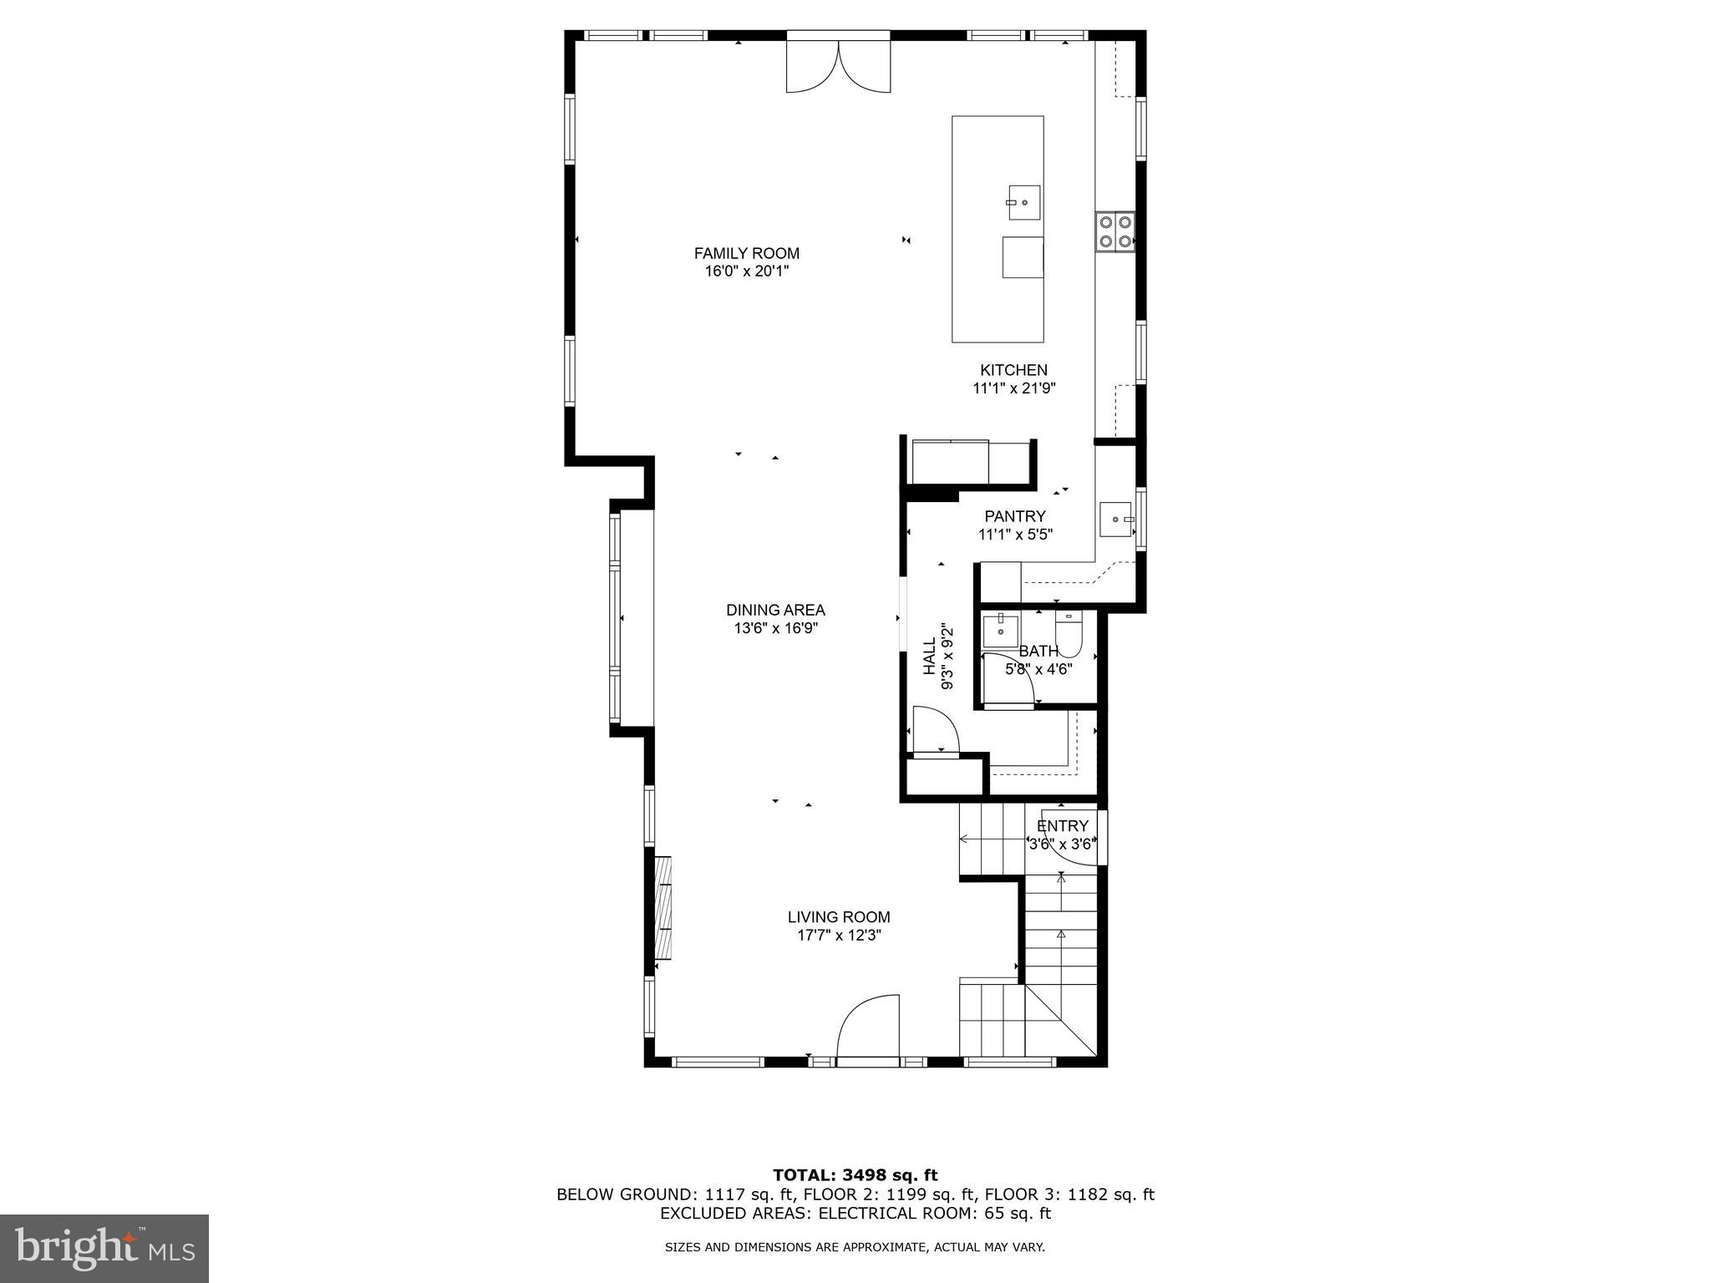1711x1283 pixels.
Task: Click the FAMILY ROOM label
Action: [x=746, y=253]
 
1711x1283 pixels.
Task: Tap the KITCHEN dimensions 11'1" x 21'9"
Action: [x=1014, y=388]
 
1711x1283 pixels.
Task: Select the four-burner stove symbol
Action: [x=1115, y=231]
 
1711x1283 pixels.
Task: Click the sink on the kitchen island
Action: [x=1023, y=203]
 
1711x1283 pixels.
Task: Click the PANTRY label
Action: [x=1014, y=516]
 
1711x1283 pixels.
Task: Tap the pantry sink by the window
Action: [x=1116, y=520]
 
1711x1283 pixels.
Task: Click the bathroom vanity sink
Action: [x=999, y=631]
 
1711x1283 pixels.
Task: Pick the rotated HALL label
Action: [x=930, y=656]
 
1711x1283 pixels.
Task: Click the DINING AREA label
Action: [x=775, y=610]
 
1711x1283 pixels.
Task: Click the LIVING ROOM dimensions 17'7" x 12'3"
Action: [x=839, y=936]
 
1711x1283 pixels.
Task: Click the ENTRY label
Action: [x=1062, y=826]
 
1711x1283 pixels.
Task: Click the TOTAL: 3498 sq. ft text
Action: [x=855, y=1176]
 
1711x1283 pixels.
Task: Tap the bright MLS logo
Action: [x=104, y=1249]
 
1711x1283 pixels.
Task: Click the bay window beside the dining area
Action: [x=617, y=618]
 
